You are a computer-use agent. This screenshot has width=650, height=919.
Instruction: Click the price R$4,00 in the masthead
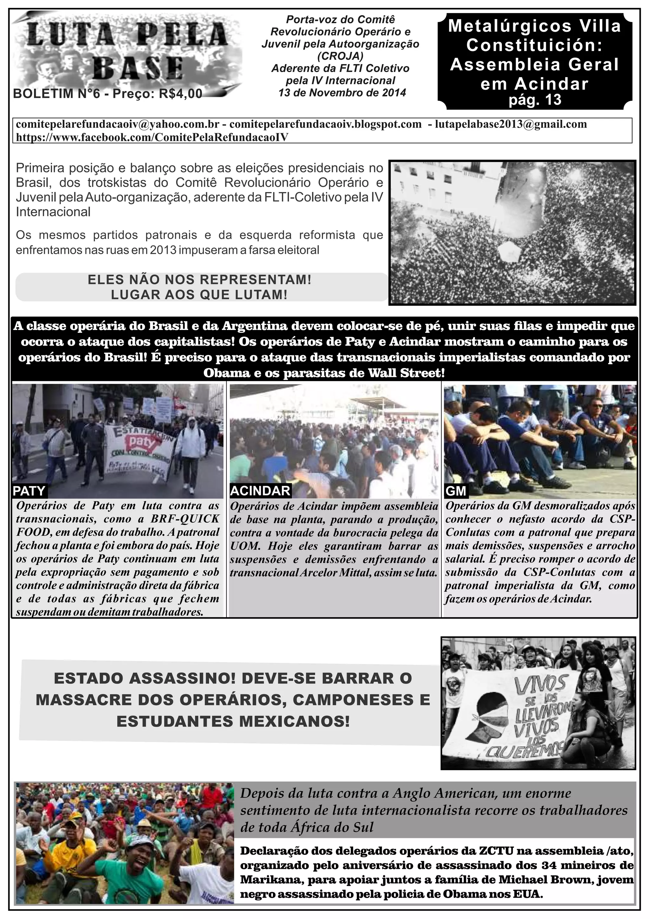[181, 94]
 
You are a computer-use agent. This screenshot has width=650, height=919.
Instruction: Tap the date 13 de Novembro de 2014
[342, 93]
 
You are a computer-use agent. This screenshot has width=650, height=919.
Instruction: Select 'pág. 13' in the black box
[535, 99]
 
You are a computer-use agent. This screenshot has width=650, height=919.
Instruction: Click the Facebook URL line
[152, 137]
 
